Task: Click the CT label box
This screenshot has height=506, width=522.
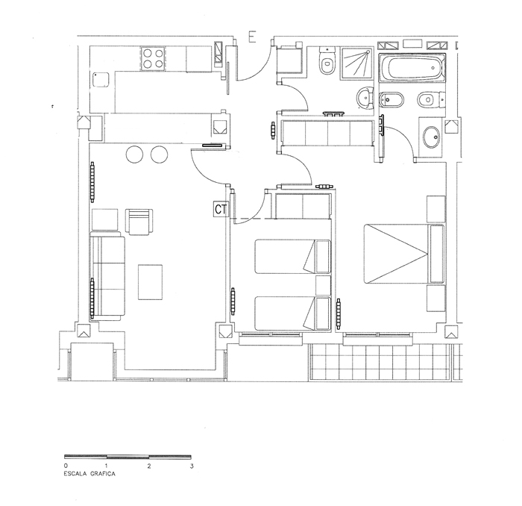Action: click(x=221, y=210)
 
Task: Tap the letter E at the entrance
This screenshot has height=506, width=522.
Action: click(x=252, y=37)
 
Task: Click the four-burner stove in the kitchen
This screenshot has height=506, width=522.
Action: click(x=153, y=58)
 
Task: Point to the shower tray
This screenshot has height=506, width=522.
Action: click(x=357, y=63)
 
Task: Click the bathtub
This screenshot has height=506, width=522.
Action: click(x=412, y=69)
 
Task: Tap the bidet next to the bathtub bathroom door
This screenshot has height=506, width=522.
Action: click(x=391, y=99)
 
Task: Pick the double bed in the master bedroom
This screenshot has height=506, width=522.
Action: click(x=404, y=254)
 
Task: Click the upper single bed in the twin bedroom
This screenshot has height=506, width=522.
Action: click(x=293, y=257)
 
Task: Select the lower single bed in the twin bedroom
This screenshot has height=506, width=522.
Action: click(x=293, y=313)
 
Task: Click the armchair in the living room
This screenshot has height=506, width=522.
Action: click(x=139, y=222)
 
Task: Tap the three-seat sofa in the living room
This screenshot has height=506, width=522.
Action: click(x=107, y=276)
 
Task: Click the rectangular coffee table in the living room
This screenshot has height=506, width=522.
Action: click(x=150, y=282)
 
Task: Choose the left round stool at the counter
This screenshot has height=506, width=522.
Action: click(x=134, y=154)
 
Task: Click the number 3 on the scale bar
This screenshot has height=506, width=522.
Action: click(x=192, y=466)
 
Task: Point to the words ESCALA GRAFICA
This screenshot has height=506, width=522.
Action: click(x=89, y=474)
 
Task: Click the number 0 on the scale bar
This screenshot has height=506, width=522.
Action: click(x=66, y=466)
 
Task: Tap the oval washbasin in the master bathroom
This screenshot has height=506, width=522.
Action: click(x=432, y=137)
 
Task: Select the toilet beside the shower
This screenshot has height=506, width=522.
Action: click(x=327, y=62)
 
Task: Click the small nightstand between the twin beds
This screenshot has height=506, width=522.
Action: click(x=323, y=285)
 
